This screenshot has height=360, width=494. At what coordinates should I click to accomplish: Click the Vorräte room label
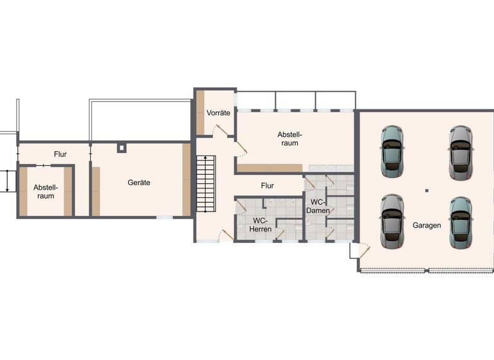click(218, 113)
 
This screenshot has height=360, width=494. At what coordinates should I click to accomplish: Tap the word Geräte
click(139, 183)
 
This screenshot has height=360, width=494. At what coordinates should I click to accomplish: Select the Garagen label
click(428, 226)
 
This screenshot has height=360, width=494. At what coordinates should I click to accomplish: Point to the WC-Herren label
click(261, 224)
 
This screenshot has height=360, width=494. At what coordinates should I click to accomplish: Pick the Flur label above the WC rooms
click(267, 186)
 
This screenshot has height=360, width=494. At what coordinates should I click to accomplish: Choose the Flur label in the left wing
click(60, 154)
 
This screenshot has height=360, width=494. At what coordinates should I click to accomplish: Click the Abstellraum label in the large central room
click(289, 139)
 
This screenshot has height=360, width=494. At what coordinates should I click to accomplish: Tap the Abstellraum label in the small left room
click(45, 192)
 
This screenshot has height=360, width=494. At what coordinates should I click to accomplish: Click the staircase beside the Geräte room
click(206, 187)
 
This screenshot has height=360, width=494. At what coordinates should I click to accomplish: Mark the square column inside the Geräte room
click(122, 148)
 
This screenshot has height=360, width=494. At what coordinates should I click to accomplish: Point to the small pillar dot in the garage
click(426, 190)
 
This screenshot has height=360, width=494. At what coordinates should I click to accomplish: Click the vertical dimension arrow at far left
click(6, 181)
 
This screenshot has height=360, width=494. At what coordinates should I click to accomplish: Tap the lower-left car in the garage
click(391, 221)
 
